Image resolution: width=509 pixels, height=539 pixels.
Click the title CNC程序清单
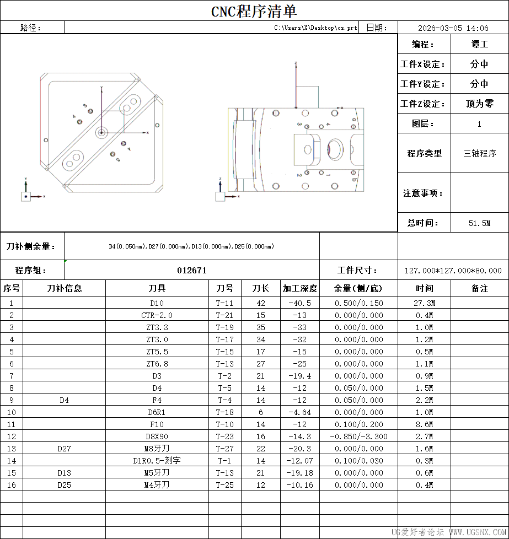(x=254, y=11)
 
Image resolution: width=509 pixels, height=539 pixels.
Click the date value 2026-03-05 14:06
(x=453, y=28)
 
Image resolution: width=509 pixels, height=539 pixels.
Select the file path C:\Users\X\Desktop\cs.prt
(x=315, y=28)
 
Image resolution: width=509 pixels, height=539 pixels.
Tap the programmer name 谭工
(x=479, y=44)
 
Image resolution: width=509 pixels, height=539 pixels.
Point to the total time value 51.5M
(x=479, y=223)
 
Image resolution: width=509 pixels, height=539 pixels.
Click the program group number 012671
(x=192, y=270)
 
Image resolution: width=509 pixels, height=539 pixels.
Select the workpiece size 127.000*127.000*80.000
(x=453, y=271)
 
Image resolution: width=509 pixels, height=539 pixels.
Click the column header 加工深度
(x=300, y=288)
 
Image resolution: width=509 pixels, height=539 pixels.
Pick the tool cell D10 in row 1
(x=157, y=303)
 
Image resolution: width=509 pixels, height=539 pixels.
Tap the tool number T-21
(x=225, y=315)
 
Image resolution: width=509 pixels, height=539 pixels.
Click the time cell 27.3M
(x=424, y=303)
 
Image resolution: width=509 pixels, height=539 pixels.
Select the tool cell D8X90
(x=157, y=436)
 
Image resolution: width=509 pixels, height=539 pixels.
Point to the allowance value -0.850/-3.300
(x=358, y=436)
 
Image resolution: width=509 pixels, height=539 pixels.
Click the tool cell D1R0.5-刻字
(x=157, y=461)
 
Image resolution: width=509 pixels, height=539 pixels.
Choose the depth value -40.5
(x=300, y=303)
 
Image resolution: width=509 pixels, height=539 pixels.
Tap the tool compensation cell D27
(x=64, y=449)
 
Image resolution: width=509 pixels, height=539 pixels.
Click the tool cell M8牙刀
(x=157, y=449)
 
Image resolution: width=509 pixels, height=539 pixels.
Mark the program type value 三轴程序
(x=479, y=154)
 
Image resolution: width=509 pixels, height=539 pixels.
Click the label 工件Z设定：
(x=423, y=104)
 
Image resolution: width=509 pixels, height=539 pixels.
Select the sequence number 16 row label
(x=12, y=485)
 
